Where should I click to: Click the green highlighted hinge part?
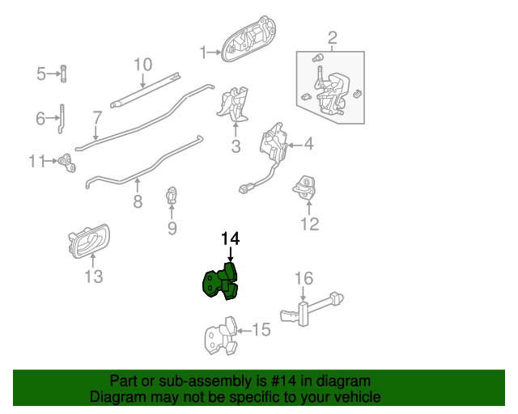pyautogui.click(x=221, y=281)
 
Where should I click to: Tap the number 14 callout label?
pyautogui.click(x=231, y=239)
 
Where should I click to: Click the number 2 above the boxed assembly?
pyautogui.click(x=332, y=37)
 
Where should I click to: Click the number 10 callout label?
pyautogui.click(x=142, y=64)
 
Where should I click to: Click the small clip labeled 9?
pyautogui.click(x=172, y=196)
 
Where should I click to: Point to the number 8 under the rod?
pyautogui.click(x=138, y=202)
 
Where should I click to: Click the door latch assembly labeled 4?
pyautogui.click(x=273, y=146)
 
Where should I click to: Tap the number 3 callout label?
pyautogui.click(x=236, y=146)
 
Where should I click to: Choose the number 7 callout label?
pyautogui.click(x=96, y=117)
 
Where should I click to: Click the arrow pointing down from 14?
pyautogui.click(x=231, y=254)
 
